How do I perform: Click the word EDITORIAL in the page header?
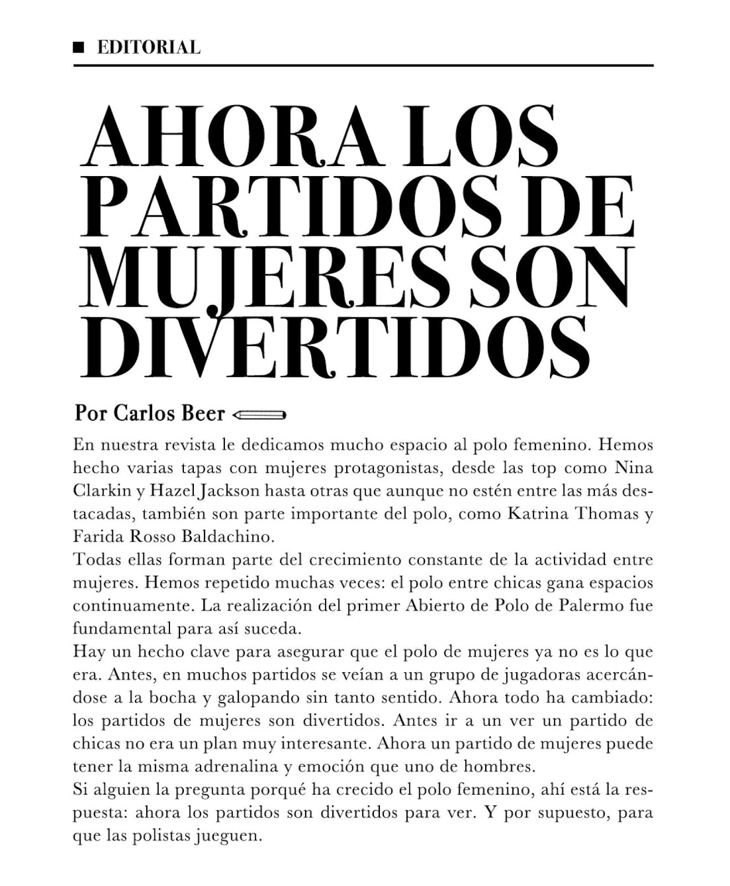click(148, 48)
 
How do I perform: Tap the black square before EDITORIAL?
click(80, 48)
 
